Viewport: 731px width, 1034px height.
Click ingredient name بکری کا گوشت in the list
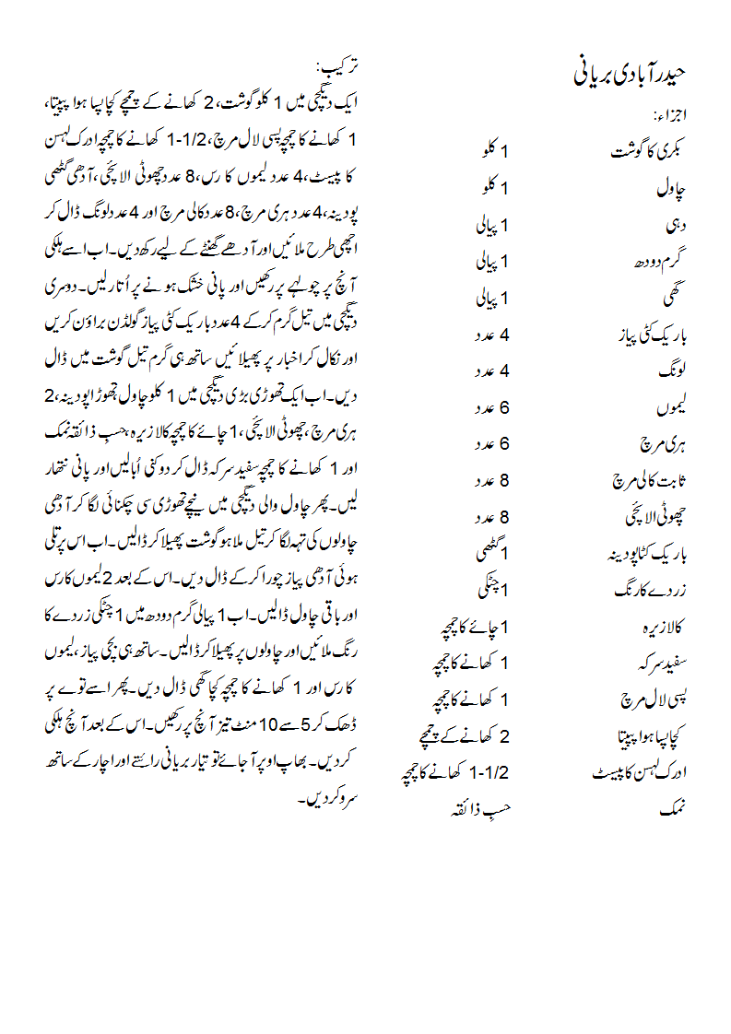[x=650, y=152]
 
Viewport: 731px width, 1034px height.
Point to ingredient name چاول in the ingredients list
[x=671, y=189]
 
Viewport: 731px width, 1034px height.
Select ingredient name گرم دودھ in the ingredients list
[x=658, y=262]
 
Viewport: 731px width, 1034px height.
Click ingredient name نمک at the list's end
[x=674, y=810]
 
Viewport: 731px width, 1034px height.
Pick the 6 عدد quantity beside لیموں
[x=492, y=407]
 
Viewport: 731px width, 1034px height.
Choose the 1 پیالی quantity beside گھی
[x=492, y=299]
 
